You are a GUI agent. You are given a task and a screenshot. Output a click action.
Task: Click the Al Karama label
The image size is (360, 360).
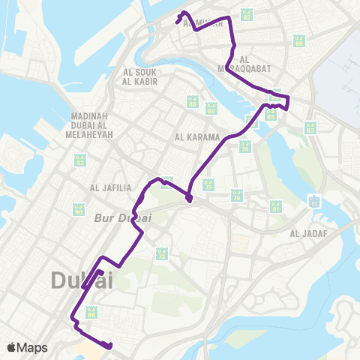tap(196, 137)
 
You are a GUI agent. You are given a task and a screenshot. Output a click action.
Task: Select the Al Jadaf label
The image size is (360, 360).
tap(304, 233)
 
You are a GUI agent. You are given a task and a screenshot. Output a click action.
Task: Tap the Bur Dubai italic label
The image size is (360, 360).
tap(124, 218)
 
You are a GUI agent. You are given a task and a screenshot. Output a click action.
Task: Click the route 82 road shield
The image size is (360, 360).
tap(247, 13)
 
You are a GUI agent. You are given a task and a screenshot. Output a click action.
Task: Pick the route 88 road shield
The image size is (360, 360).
tap(192, 102)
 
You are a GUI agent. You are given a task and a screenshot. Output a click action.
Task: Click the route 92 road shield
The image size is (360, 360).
tap(80, 160)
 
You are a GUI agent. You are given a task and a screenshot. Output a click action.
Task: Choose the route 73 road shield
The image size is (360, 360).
tap(160, 255)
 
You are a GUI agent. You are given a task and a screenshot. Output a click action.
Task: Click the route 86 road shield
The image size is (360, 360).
tap(91, 312)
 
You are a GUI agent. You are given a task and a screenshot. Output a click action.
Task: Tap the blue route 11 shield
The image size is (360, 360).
tap(313, 200)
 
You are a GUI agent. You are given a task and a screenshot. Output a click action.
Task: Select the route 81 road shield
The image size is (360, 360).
tap(276, 205)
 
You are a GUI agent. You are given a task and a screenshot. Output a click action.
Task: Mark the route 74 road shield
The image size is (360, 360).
tap(244, 146)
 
